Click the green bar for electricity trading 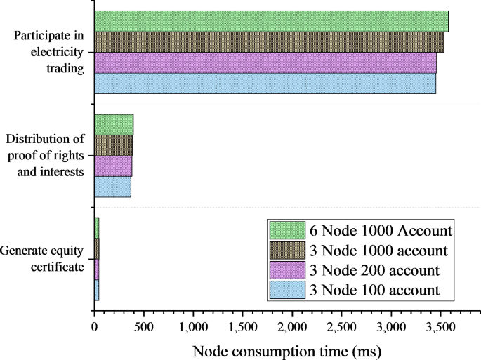click(271, 21)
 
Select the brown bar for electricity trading click(268, 42)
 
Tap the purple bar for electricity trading click(265, 62)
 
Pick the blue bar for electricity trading click(265, 83)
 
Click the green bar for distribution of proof click(114, 124)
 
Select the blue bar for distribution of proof click(112, 187)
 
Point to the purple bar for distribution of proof click(113, 166)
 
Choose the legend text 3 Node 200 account click(374, 270)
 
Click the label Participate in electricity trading click(49, 52)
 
